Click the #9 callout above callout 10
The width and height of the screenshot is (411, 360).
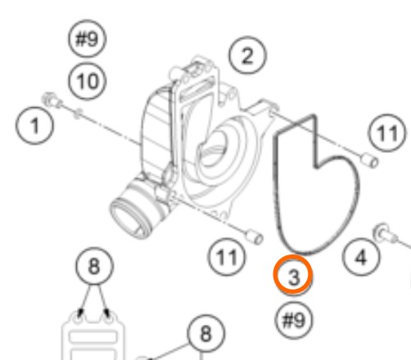point(87,38)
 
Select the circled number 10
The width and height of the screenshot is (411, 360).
point(87,81)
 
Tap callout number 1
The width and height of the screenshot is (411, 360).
point(34,126)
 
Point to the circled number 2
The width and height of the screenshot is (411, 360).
point(247,56)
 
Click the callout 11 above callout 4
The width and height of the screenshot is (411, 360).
point(387,133)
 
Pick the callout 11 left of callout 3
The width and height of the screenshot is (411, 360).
point(227,257)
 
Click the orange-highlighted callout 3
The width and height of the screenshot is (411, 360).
point(293,275)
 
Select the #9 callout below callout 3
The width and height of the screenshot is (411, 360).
point(294,321)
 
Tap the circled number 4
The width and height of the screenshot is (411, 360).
point(361,257)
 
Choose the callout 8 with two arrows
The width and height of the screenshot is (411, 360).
point(94,266)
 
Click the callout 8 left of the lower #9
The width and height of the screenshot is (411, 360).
point(206,333)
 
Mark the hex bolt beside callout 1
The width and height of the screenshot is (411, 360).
point(52,100)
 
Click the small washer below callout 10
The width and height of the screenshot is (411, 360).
point(78,113)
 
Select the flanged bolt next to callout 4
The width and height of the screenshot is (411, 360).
point(386,234)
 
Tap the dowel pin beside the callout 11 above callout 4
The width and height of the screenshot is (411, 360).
point(370,160)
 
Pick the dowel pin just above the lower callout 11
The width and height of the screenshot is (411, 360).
point(255,236)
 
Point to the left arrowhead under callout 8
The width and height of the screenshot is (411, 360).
point(80,313)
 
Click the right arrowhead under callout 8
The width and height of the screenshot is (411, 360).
point(107,313)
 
